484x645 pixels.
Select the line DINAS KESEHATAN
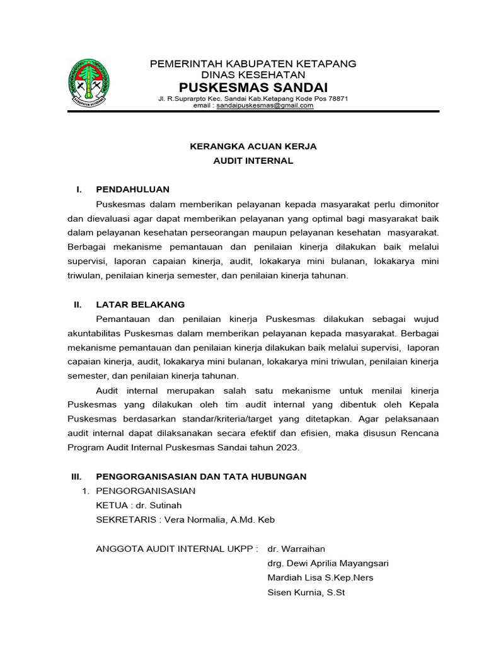pos(253,74)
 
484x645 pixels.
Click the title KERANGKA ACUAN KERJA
pos(253,146)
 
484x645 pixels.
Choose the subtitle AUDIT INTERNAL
pos(253,161)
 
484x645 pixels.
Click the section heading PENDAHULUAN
pos(132,190)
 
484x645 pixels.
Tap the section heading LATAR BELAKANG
pos(140,304)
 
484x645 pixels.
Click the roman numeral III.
pos(77,476)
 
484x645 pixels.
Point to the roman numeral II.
pos(78,304)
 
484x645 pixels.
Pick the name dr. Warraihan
pos(296,549)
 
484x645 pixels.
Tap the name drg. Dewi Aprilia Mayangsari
pos(328,563)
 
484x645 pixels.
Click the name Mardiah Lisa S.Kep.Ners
pos(321,578)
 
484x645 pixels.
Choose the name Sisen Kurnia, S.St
pos(306,592)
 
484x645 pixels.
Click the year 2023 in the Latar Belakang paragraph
pos(287,448)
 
